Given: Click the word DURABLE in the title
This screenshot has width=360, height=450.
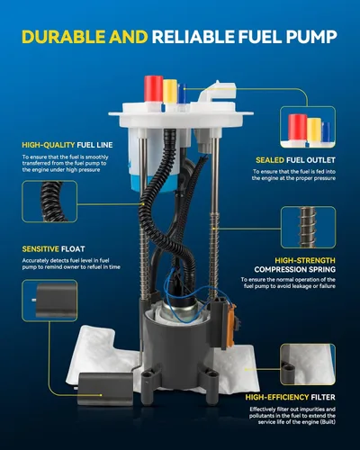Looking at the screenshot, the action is pyautogui.click(x=64, y=37).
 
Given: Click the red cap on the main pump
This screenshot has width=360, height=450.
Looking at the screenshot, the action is pyautogui.click(x=153, y=88).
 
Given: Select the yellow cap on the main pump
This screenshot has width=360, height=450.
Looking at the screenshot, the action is pyautogui.click(x=170, y=91).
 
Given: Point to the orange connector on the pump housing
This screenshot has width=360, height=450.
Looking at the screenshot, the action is pyautogui.click(x=232, y=326).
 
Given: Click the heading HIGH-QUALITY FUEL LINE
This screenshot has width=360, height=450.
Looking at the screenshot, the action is pyautogui.click(x=67, y=145).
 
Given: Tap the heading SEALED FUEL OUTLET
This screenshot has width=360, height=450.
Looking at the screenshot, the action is pyautogui.click(x=295, y=160).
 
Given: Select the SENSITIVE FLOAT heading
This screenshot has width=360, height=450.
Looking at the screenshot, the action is pyautogui.click(x=53, y=249).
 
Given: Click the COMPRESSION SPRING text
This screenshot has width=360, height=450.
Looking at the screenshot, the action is pyautogui.click(x=295, y=269).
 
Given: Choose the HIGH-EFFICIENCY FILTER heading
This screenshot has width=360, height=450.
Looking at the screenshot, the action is pyautogui.click(x=291, y=397).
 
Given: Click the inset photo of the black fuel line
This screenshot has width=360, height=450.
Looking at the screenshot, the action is pyautogui.click(x=49, y=202).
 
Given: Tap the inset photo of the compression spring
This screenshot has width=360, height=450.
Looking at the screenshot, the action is pyautogui.click(x=309, y=227).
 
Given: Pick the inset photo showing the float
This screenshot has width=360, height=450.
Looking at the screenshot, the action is pyautogui.click(x=49, y=301).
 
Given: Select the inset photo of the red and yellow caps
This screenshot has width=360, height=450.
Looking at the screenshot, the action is pyautogui.click(x=308, y=127).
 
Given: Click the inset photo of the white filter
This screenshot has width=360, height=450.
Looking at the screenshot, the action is pyautogui.click(x=308, y=364).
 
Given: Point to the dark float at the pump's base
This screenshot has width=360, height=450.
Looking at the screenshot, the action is pyautogui.click(x=105, y=389).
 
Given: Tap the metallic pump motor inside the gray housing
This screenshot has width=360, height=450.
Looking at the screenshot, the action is pyautogui.click(x=179, y=309).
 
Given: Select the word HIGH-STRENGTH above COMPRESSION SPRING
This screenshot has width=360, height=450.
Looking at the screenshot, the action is pyautogui.click(x=305, y=260).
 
